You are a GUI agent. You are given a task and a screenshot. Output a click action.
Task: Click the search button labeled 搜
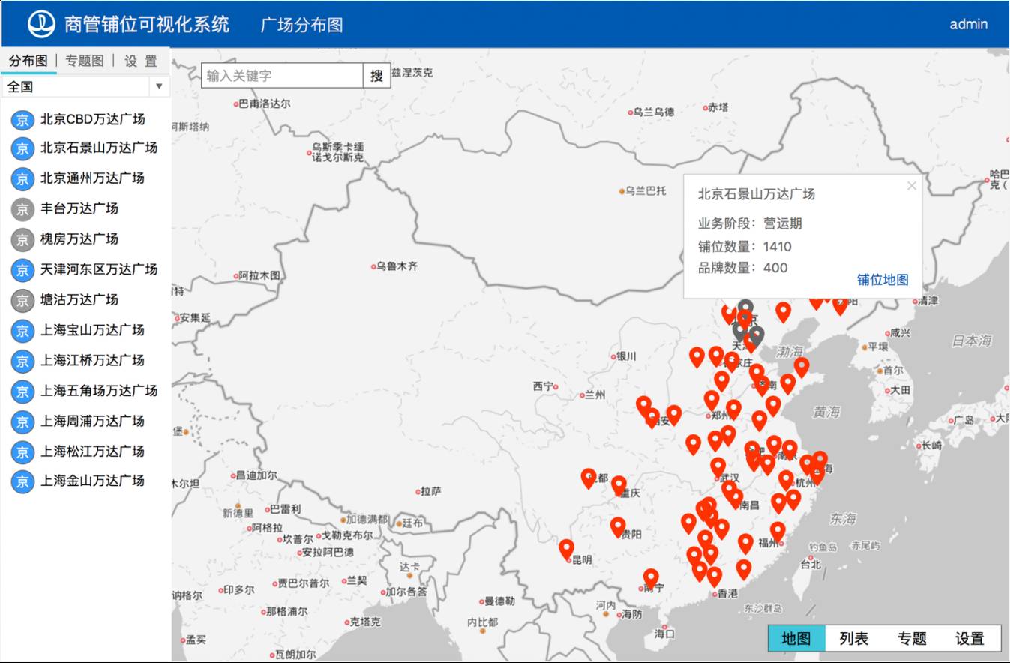coord(376,76)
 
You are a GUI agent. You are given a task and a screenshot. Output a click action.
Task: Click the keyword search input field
coord(283,76)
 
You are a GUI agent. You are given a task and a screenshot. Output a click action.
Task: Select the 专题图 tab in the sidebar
coord(85,61)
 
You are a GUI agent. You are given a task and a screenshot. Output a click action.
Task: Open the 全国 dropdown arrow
coord(159,86)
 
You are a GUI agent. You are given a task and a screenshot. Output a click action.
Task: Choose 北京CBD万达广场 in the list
coord(92,119)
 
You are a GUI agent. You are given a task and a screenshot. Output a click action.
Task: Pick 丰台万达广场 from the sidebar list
coord(79,208)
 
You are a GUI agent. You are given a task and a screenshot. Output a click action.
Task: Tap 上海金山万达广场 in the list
coord(92,481)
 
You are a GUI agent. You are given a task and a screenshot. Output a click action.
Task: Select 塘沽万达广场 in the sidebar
coord(79,299)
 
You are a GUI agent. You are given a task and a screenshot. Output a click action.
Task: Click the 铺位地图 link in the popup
coord(883,280)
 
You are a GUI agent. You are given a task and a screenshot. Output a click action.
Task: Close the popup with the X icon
coord(912,186)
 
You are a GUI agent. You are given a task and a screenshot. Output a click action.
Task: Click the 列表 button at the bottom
coord(853,638)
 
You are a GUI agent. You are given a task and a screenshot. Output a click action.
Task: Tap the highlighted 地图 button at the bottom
coord(796,638)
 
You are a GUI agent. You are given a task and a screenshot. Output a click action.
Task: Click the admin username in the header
coord(968,24)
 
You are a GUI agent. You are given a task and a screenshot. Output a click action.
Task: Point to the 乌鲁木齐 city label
coord(397,266)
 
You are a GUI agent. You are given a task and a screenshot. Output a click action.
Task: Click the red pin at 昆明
coord(567,548)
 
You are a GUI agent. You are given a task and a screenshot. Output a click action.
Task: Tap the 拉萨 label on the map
coord(430,491)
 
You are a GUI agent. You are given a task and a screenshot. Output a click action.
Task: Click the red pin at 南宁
coord(651,577)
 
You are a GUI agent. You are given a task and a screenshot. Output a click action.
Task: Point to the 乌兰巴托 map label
coord(646,191)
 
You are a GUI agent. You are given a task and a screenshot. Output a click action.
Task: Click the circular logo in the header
coord(42,24)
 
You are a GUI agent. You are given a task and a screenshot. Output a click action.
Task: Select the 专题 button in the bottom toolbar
coord(912,638)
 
